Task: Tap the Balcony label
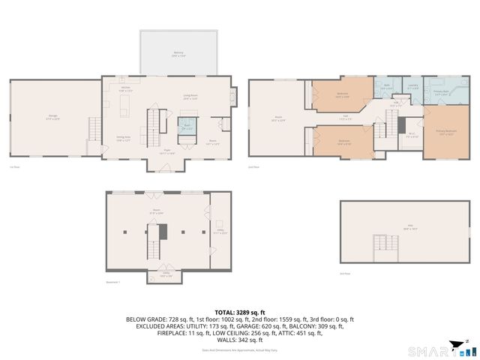tap(178, 53)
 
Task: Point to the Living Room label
tap(190, 96)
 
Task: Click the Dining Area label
tap(124, 138)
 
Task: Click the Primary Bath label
tap(441, 94)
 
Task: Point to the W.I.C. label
tap(412, 136)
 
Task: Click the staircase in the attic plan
tap(383, 244)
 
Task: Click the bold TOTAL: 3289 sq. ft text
tap(240, 312)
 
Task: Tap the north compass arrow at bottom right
tap(455, 346)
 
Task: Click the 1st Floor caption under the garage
tap(14, 167)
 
